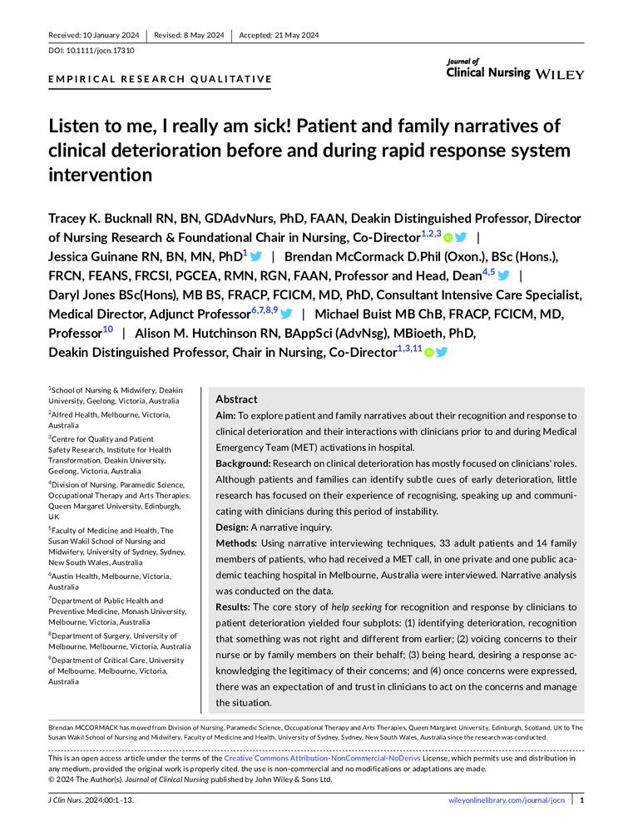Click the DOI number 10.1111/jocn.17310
pos(100,50)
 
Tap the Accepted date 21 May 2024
pos(279,35)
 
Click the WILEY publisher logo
pos(560,74)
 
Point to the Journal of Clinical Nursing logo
pos(487,70)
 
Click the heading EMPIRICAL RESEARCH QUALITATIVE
pos(161,80)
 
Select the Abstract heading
pos(236,399)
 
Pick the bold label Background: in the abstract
pos(246,462)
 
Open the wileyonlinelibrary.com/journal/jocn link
pos(507,800)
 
